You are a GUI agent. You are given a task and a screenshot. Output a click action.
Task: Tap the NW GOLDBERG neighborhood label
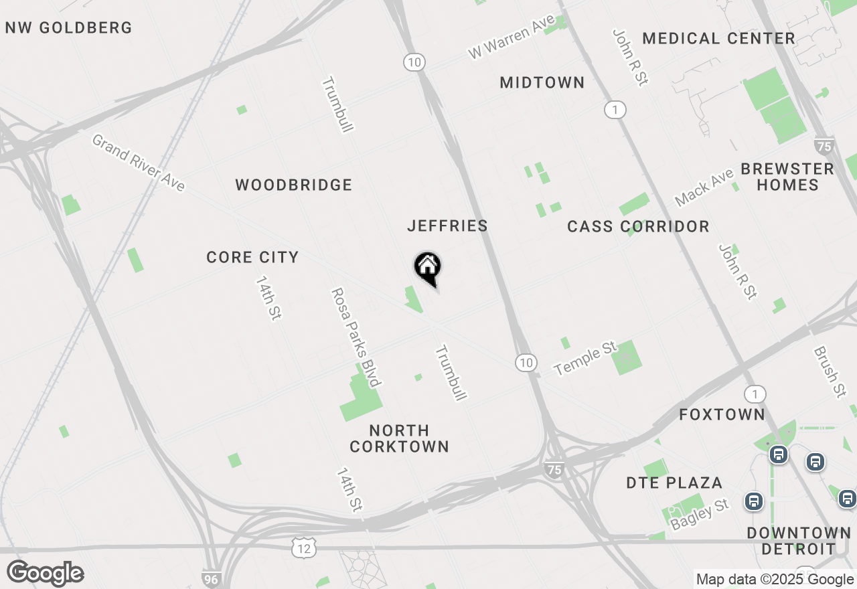(69, 28)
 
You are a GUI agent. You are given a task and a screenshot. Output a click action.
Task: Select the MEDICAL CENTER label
(718, 39)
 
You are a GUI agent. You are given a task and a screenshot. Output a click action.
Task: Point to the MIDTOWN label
(542, 83)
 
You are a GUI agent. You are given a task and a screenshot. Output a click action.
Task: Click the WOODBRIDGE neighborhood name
(293, 185)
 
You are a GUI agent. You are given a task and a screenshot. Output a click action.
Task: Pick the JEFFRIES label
(447, 226)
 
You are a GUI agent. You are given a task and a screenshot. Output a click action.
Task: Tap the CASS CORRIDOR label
(638, 227)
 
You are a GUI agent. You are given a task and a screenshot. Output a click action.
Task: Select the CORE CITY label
(252, 258)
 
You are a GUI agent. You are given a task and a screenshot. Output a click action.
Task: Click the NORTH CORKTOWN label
(399, 438)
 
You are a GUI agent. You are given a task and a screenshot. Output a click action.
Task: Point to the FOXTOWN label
(722, 415)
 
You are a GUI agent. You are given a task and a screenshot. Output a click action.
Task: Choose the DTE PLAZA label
(674, 483)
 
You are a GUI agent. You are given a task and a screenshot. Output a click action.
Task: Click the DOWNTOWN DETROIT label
(799, 541)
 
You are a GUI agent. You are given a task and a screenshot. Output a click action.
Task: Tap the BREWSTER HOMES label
(787, 177)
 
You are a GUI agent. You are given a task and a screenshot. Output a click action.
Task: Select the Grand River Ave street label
(138, 163)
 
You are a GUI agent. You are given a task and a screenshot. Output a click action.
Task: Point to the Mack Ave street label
(704, 187)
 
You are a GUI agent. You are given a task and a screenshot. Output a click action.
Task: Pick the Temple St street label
(585, 359)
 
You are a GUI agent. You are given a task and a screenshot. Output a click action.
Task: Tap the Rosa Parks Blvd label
(356, 337)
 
